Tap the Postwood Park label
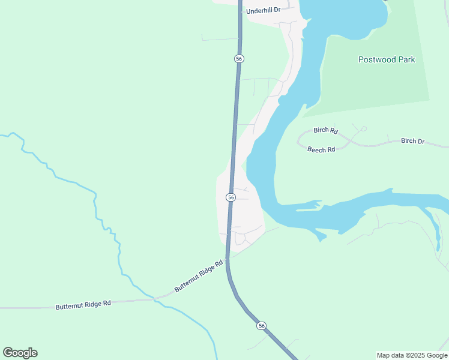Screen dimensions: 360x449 pos(387,59)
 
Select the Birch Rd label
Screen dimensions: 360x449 pos(326,130)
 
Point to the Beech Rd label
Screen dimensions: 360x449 pos(321,149)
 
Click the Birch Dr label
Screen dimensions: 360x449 pos(412,141)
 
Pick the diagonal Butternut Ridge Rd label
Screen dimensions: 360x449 pos(199,277)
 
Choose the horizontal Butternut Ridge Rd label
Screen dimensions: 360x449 pos(83,305)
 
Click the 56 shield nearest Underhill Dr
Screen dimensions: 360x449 pos(239,58)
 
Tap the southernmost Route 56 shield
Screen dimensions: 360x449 pos(261,325)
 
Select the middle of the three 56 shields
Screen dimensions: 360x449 pos(231,197)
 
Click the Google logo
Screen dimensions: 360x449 pos(20,352)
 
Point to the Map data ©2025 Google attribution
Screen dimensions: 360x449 pos(412,355)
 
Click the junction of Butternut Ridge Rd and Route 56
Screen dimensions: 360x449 pos(227,258)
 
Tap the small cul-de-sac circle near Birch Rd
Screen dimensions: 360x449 pos(364,128)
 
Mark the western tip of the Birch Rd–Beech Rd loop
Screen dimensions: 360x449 pos(298,142)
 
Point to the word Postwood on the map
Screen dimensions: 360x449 pos(376,59)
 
